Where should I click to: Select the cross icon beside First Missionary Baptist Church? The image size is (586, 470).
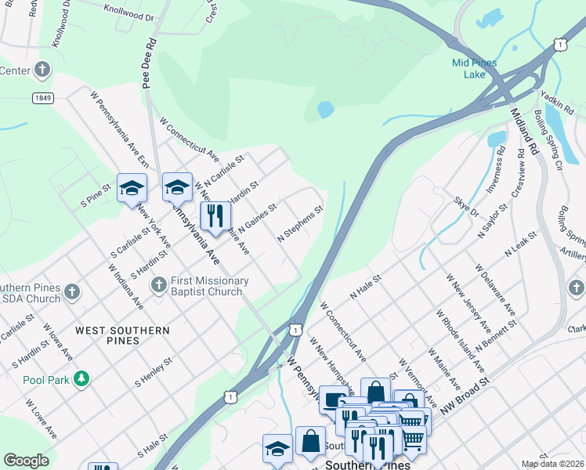[158, 283]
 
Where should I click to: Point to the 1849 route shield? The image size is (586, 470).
[43, 98]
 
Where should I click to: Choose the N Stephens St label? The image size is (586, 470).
[300, 224]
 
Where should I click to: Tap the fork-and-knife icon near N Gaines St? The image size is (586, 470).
[215, 215]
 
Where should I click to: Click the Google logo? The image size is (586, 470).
[26, 461]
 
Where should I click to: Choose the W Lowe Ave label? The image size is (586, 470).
[40, 419]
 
